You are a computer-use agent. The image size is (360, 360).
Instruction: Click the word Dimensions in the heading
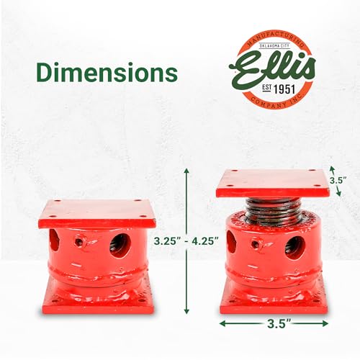click(x=107, y=73)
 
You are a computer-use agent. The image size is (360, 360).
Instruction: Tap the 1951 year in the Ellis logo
click(x=284, y=89)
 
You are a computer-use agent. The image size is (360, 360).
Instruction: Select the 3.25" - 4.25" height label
click(x=186, y=240)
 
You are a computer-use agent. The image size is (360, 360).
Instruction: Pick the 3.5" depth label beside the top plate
click(x=338, y=180)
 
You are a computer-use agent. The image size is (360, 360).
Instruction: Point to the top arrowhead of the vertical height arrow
click(x=186, y=171)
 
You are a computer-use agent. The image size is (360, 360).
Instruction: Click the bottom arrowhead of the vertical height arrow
click(x=186, y=311)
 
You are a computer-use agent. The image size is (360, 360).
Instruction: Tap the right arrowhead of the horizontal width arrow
click(x=325, y=323)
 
